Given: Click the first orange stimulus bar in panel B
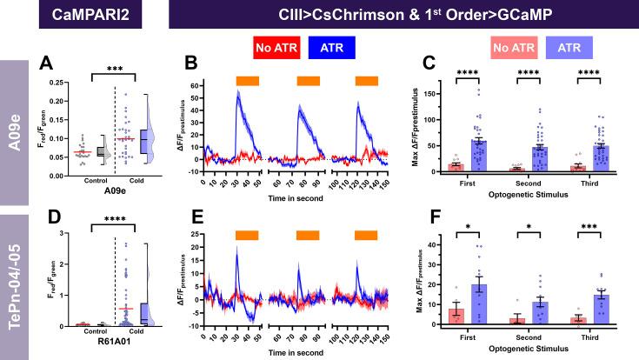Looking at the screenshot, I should (x=248, y=80).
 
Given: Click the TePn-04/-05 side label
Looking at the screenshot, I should (x=16, y=288).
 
